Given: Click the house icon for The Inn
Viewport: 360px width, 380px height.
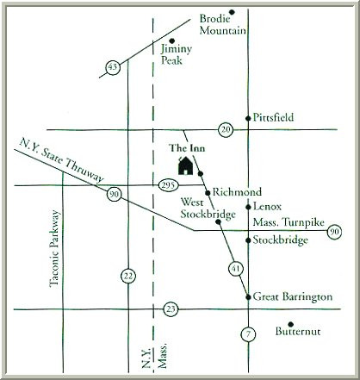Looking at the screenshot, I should pyautogui.click(x=184, y=165).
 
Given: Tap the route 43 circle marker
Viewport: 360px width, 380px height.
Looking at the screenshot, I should pyautogui.click(x=112, y=66).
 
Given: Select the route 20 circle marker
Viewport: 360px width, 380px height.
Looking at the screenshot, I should pyautogui.click(x=226, y=129).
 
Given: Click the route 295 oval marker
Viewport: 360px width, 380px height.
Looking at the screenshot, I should pyautogui.click(x=169, y=184).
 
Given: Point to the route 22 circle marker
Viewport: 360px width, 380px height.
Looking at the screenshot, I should pyautogui.click(x=127, y=276).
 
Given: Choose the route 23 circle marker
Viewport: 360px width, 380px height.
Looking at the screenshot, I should pyautogui.click(x=171, y=308).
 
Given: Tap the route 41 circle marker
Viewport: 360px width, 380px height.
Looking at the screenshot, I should pyautogui.click(x=236, y=270).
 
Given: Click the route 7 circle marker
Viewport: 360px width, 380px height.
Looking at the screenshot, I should pyautogui.click(x=248, y=334).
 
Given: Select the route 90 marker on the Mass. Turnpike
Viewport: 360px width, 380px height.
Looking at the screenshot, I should pyautogui.click(x=334, y=231).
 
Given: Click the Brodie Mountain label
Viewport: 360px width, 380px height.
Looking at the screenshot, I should pyautogui.click(x=222, y=24).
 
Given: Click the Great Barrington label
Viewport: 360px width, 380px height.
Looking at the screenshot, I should pyautogui.click(x=293, y=296).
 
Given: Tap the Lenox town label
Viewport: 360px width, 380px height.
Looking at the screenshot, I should pyautogui.click(x=268, y=207).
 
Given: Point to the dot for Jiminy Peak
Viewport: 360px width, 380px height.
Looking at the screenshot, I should pyautogui.click(x=172, y=40).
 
